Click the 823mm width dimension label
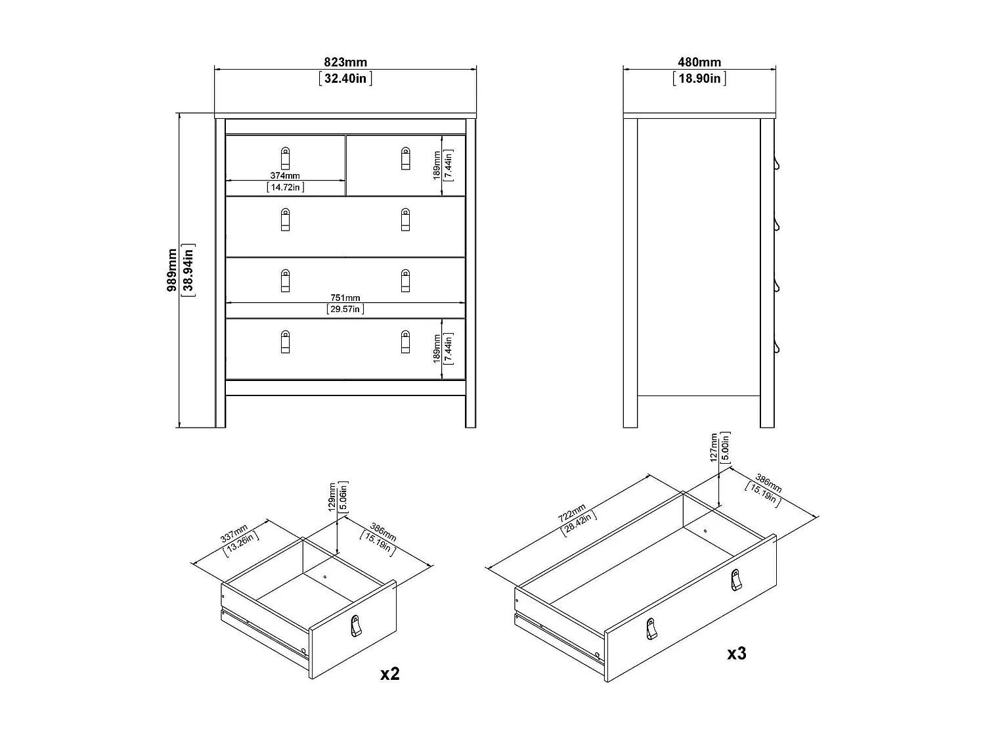(x=345, y=62)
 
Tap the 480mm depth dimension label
(x=699, y=62)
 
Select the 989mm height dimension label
(x=172, y=270)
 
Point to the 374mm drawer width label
(x=285, y=175)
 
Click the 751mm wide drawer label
(x=345, y=298)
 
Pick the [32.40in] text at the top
(x=345, y=79)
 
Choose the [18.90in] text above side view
(x=699, y=79)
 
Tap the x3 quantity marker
(x=737, y=653)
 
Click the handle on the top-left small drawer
(x=285, y=158)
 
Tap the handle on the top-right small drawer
(x=405, y=158)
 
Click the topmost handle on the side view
(x=776, y=163)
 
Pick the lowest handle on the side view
(x=776, y=346)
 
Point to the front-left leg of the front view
(x=220, y=411)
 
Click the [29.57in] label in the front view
(x=345, y=309)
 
